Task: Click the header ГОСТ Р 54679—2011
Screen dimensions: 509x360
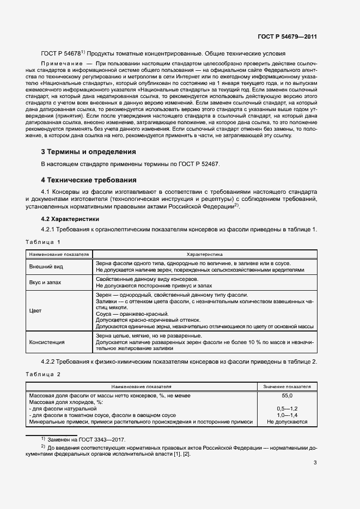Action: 287,36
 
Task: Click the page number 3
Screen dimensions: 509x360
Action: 315,463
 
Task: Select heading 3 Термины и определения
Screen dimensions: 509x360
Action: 89,152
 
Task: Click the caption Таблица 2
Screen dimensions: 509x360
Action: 43,374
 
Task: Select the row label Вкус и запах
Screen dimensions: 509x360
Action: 45,283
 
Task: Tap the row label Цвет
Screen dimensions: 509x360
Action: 35,310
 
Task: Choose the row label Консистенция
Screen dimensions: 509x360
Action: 47,342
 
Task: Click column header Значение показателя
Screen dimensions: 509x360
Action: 287,387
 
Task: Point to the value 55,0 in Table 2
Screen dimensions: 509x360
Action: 287,395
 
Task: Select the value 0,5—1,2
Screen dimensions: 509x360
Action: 287,408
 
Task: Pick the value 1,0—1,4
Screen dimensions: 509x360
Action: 287,415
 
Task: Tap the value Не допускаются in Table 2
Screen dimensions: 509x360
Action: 287,421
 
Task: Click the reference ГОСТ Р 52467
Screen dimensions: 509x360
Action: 198,164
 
